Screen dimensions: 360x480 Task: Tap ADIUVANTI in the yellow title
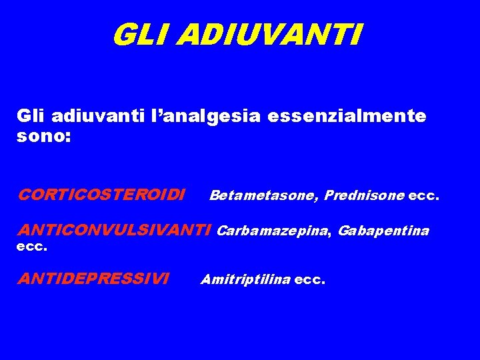click(270, 35)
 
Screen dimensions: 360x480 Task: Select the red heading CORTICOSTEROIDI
click(102, 195)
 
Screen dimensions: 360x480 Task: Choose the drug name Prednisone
click(364, 195)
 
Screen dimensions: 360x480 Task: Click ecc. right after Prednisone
click(423, 195)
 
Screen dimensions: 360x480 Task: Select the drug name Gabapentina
click(383, 231)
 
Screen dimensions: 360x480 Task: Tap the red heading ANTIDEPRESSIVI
click(93, 279)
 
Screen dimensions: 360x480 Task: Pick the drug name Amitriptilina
click(245, 279)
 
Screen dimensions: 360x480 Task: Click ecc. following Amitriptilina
click(310, 279)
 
